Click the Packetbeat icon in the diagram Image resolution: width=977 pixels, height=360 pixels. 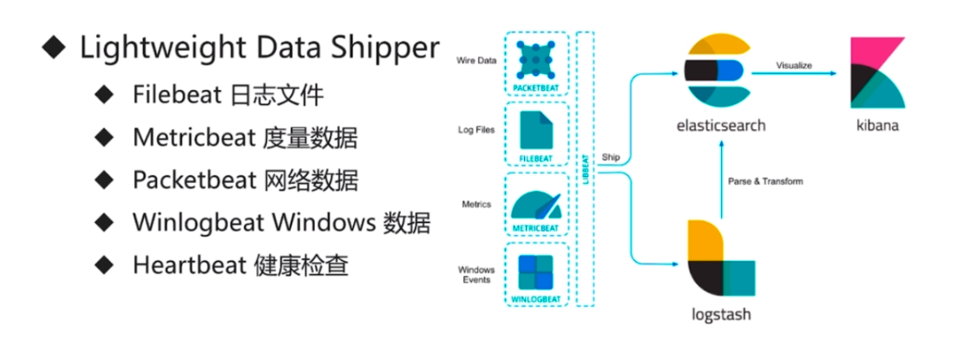point(536,58)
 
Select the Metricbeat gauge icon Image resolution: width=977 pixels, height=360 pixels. point(536,203)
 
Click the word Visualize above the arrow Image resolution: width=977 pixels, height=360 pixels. point(794,64)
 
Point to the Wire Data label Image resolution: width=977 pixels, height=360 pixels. point(476,60)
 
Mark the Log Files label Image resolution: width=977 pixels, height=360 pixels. point(476,130)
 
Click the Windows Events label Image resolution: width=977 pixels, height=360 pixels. point(476,274)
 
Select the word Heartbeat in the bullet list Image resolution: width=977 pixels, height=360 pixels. point(181,265)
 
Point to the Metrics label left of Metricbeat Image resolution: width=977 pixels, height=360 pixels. point(476,204)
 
